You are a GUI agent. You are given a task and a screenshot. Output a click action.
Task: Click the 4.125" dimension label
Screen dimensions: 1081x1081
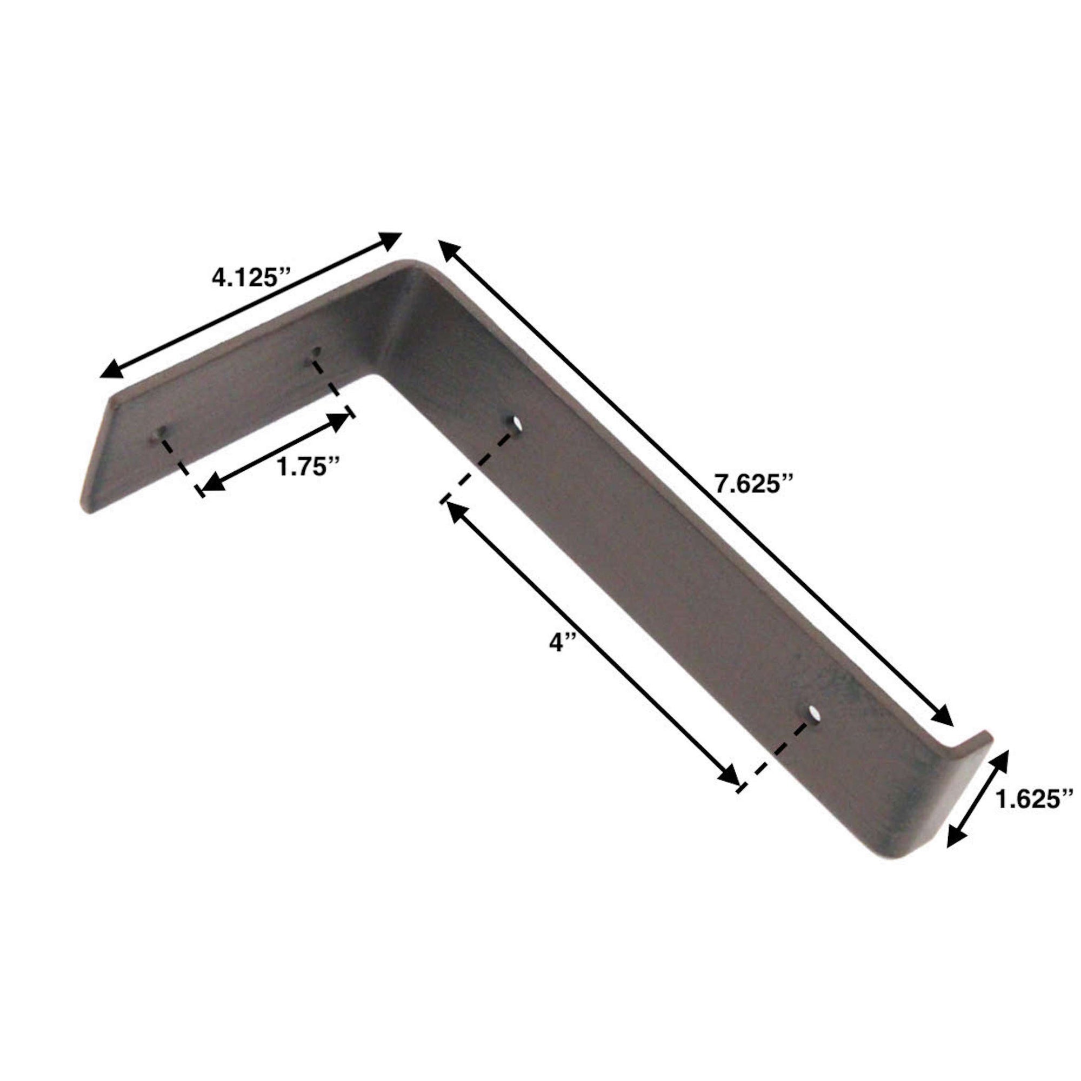[x=252, y=277]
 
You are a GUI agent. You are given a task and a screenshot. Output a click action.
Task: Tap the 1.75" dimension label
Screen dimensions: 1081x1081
[x=309, y=466]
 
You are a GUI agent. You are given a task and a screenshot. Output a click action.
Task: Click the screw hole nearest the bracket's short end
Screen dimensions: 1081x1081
[x=160, y=432]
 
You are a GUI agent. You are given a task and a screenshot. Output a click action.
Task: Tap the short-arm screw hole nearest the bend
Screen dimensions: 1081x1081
[x=317, y=352]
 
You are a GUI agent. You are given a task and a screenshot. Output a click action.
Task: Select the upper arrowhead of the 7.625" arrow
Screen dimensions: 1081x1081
[x=448, y=250]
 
